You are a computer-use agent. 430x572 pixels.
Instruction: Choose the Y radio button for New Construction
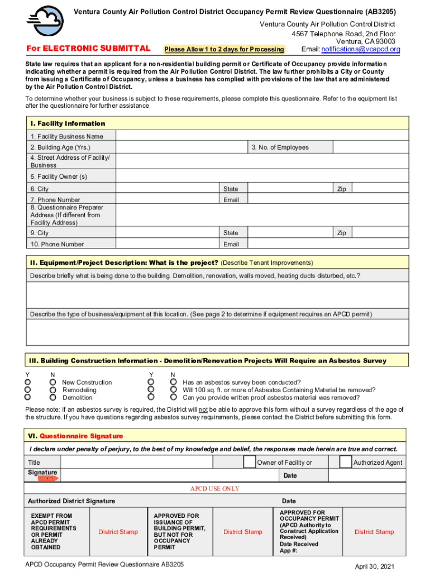tap(27, 382)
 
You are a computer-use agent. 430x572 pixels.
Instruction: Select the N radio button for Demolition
tap(53, 398)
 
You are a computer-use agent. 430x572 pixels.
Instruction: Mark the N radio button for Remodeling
tap(53, 390)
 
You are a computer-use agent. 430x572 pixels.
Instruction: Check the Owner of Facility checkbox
tap(249, 462)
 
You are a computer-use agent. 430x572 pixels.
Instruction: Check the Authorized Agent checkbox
tap(345, 462)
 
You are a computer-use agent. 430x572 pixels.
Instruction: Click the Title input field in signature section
tap(151, 462)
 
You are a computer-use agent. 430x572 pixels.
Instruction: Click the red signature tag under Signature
tap(47, 479)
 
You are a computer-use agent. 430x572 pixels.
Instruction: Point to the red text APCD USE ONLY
tap(214, 489)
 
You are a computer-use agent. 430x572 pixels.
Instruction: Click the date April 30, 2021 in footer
tap(375, 566)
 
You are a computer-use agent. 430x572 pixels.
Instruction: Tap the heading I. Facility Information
tap(68, 123)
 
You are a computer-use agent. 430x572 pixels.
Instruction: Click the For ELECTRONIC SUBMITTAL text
tap(88, 49)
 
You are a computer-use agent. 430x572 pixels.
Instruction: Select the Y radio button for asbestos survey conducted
tap(151, 382)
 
